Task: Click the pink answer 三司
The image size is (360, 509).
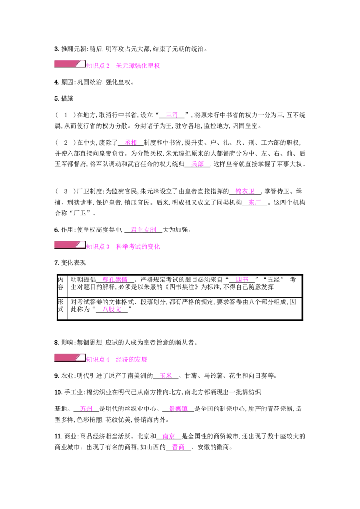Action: [172, 115]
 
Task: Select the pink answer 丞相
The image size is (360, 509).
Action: [131, 143]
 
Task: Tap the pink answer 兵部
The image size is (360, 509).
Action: [198, 164]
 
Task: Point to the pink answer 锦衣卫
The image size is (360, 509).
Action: [245, 192]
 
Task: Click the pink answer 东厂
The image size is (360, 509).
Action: [255, 202]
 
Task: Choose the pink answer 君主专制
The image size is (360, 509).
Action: [144, 230]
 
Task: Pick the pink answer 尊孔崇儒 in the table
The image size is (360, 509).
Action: [115, 280]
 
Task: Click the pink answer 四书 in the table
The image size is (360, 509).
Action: [242, 280]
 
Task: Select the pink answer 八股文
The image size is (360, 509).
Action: [112, 309]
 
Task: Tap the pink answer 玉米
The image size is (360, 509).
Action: [166, 376]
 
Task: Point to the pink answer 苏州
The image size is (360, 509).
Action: [86, 409]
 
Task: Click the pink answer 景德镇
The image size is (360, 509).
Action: [178, 409]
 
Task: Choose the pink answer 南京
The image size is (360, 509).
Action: [169, 436]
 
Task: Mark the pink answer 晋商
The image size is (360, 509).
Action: [178, 447]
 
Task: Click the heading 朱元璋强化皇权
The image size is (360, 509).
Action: [138, 66]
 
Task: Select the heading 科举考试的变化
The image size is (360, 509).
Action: [138, 246]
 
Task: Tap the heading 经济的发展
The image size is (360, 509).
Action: [131, 359]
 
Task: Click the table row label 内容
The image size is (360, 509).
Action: [61, 283]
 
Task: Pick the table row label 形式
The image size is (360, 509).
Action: [61, 305]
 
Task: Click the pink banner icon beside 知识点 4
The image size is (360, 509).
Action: [70, 358]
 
